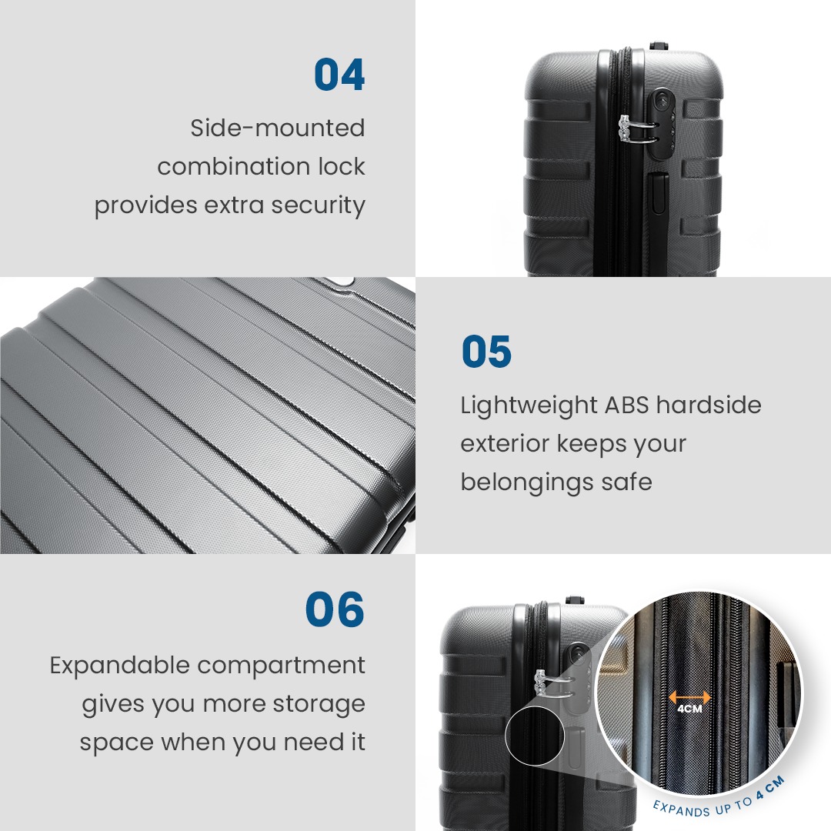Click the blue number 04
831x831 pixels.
coord(339,75)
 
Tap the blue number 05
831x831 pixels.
coord(486,352)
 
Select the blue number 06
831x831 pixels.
coord(335,609)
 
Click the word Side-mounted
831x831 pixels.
coord(278,128)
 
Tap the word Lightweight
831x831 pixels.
coord(529,406)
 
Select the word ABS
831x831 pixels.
coord(626,405)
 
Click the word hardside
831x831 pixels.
coord(709,405)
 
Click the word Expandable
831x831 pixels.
coord(119,666)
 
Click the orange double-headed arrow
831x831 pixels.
coord(689,697)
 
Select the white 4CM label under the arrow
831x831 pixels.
coord(689,709)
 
